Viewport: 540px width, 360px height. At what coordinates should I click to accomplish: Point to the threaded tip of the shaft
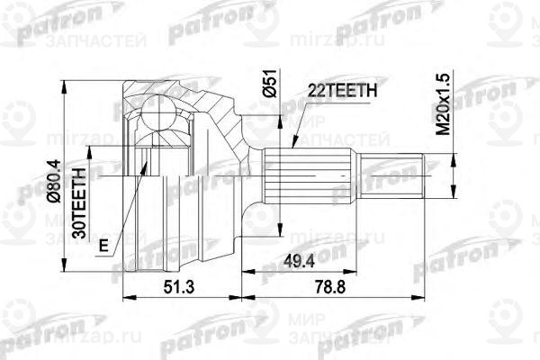click(409, 177)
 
